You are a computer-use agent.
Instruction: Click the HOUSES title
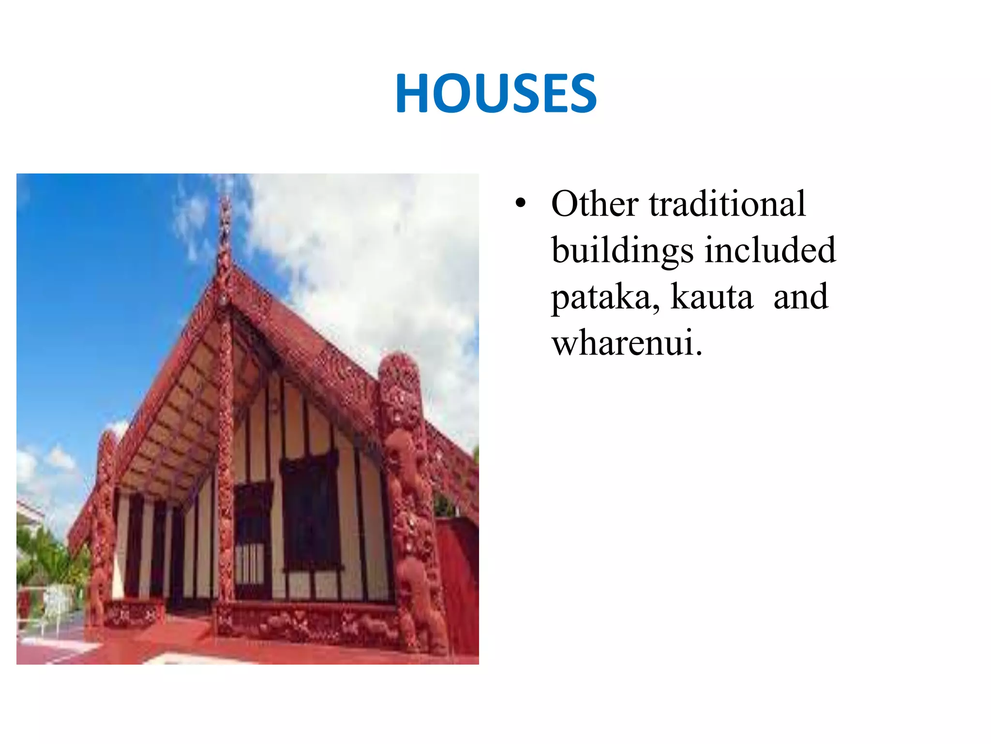tap(495, 93)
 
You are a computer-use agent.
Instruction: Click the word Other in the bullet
tap(595, 204)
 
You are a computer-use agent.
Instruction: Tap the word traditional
tap(727, 204)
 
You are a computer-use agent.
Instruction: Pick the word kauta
tap(712, 297)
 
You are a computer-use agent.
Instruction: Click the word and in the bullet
tap(800, 297)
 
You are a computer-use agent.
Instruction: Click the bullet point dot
tap(520, 204)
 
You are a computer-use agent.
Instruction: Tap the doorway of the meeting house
tap(253, 542)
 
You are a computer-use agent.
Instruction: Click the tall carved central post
tap(225, 460)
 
